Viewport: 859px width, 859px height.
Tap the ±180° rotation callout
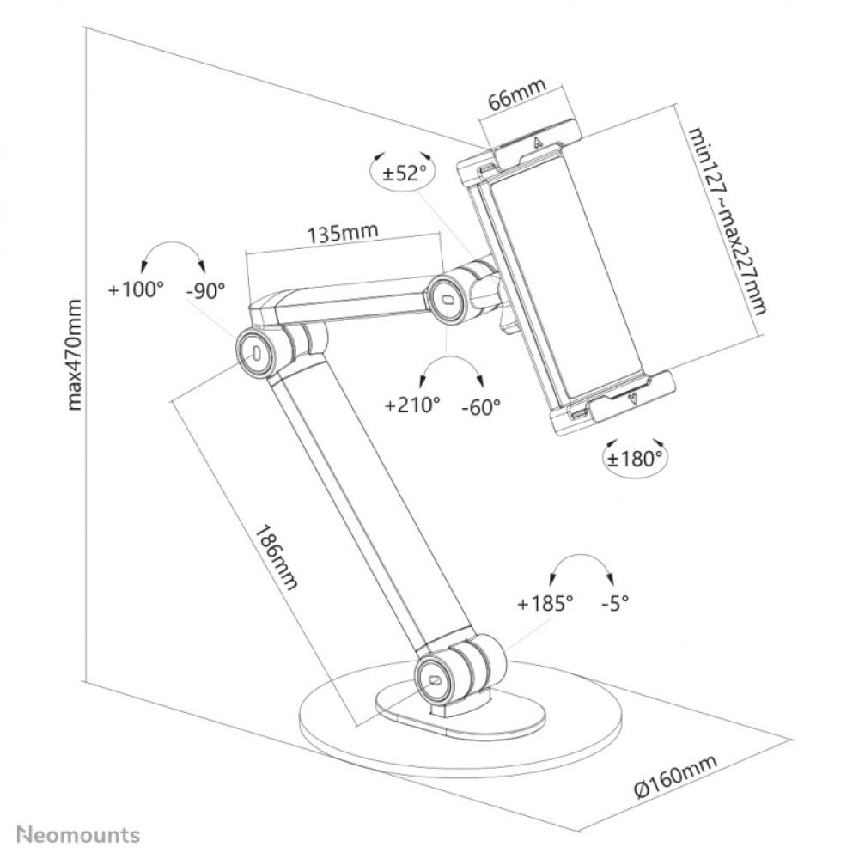(x=636, y=458)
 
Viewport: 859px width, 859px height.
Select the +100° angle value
(x=136, y=289)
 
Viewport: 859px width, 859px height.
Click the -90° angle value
(x=205, y=289)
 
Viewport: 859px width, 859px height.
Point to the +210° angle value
(x=412, y=405)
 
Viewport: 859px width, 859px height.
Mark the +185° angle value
(x=545, y=603)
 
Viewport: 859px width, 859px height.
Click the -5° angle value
(x=614, y=603)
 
